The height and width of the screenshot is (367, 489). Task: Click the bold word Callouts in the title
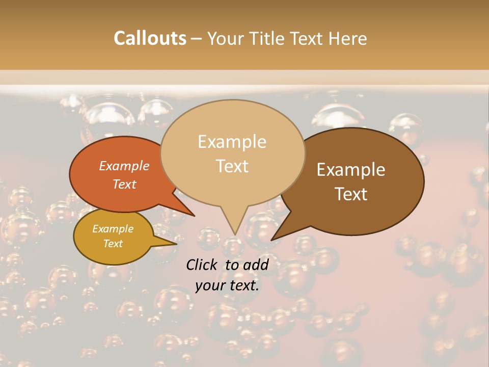[150, 38]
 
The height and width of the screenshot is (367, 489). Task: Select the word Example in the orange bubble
[124, 166]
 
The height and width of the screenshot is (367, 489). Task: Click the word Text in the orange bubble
[124, 184]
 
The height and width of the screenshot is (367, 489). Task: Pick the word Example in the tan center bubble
[232, 142]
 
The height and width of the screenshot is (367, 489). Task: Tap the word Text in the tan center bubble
[232, 166]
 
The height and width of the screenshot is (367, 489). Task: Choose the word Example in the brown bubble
[351, 170]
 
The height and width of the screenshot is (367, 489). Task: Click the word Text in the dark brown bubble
[351, 194]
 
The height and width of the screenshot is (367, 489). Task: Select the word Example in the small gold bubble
[113, 229]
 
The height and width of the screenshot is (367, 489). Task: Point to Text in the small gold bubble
[113, 244]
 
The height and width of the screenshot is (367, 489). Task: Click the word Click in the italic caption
[203, 265]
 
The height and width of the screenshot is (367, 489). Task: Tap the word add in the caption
[256, 265]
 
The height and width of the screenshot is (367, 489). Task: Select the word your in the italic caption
[210, 285]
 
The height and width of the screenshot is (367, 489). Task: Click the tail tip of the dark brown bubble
[272, 240]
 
